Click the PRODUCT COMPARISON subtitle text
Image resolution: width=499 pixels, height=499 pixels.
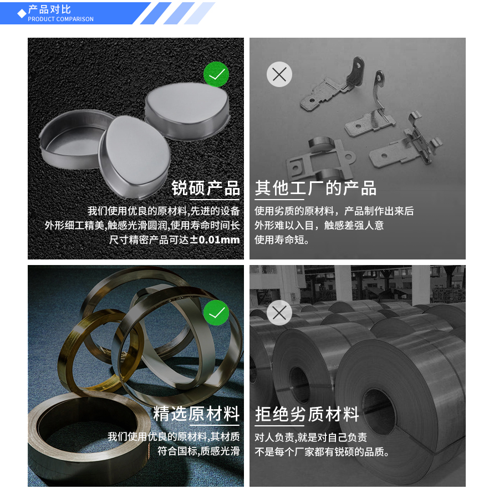(x=60, y=19)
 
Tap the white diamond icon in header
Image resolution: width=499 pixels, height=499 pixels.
(x=22, y=13)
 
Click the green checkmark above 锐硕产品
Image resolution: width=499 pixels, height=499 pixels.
(x=216, y=74)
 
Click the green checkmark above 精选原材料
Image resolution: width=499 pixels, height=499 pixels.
(x=216, y=313)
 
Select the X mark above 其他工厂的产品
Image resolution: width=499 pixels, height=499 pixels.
(x=279, y=74)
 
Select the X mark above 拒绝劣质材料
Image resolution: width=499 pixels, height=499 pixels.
(x=279, y=313)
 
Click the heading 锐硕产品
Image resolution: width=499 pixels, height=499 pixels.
(x=206, y=189)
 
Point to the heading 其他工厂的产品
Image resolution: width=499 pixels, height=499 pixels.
(x=315, y=189)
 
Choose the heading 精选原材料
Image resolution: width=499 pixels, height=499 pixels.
(x=196, y=414)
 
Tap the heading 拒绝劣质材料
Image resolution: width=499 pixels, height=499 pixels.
(x=307, y=414)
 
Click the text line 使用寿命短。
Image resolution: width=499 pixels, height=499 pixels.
(x=282, y=240)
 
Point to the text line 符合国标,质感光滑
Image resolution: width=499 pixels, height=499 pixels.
(x=198, y=451)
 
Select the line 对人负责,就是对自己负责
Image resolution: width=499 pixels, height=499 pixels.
(x=310, y=437)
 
